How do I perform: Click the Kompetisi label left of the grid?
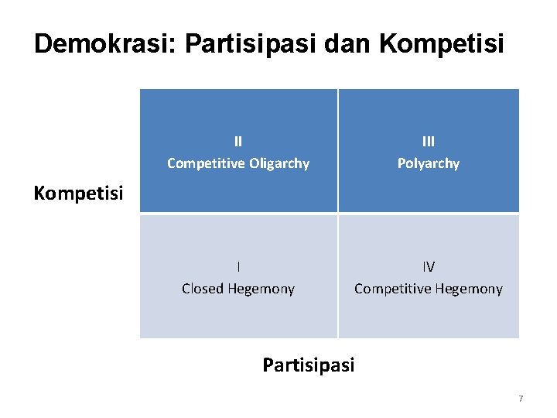[x=79, y=193]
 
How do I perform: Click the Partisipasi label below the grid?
[x=308, y=365]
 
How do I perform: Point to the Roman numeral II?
[x=238, y=142]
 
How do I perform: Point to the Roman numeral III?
[x=429, y=142]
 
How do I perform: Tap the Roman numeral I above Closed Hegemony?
[x=238, y=267]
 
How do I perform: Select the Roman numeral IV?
[x=429, y=267]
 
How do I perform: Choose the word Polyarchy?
[x=429, y=163]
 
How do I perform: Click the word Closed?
[x=201, y=289]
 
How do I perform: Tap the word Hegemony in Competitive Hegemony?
[x=468, y=289]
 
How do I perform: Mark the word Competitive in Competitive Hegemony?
[x=391, y=289]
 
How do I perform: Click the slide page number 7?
[x=521, y=399]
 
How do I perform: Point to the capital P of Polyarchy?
[x=402, y=163]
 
